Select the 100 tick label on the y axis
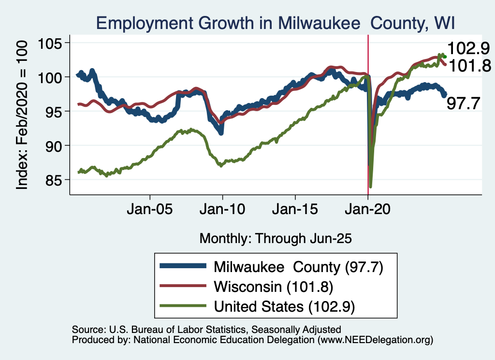pyautogui.click(x=54, y=77)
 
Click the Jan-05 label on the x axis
pyautogui.click(x=150, y=211)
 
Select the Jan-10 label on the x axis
pyautogui.click(x=222, y=211)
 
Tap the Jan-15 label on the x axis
pyautogui.click(x=295, y=211)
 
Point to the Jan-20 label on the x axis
pyautogui.click(x=368, y=211)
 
